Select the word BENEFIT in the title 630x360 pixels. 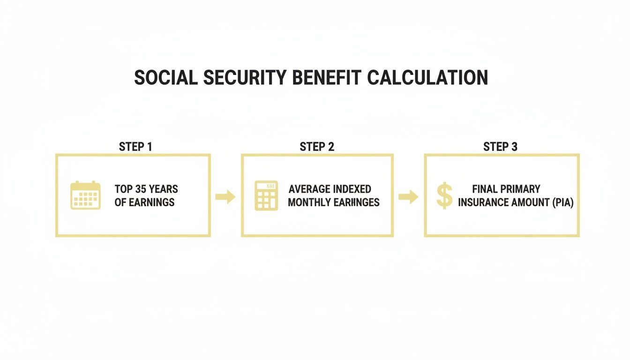click(327, 78)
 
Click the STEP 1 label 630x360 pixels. click(135, 147)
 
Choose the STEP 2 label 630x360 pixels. click(317, 147)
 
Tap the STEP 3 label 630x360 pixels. click(500, 147)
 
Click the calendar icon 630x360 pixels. click(85, 195)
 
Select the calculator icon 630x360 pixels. click(266, 195)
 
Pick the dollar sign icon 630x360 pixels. click(444, 195)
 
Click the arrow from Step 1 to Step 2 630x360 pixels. click(225, 197)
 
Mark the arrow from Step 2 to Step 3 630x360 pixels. click(408, 197)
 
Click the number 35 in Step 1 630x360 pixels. click(141, 189)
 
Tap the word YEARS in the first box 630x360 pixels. click(163, 189)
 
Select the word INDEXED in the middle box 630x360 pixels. click(352, 189)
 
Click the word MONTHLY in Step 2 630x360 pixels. click(310, 202)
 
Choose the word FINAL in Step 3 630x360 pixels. click(485, 189)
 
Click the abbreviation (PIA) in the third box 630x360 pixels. click(562, 203)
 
